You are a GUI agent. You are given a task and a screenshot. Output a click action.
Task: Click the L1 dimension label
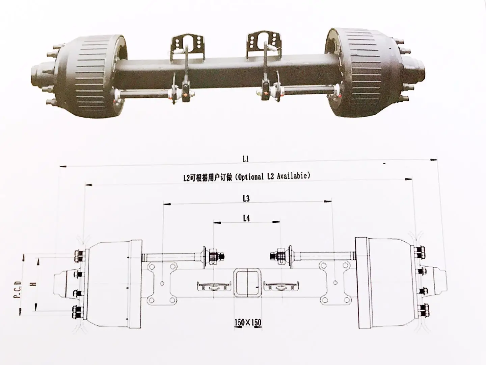point(245,159)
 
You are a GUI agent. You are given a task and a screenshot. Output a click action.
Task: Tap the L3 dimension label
point(246,198)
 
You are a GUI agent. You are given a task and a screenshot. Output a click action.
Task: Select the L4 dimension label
point(246,218)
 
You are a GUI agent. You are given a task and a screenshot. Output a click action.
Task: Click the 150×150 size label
point(248,322)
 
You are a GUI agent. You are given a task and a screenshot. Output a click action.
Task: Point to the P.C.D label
point(18,290)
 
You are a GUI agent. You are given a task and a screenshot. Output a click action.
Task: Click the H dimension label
point(33,283)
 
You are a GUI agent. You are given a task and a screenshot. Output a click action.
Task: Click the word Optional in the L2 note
point(250,176)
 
